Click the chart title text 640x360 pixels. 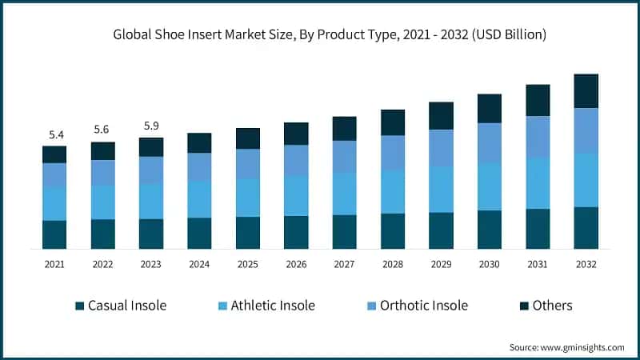click(330, 34)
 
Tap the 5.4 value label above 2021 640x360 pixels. click(54, 134)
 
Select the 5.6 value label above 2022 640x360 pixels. click(102, 130)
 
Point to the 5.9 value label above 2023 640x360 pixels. click(151, 126)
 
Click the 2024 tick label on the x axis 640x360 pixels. click(199, 264)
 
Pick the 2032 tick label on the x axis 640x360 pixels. click(586, 264)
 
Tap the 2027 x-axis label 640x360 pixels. click(344, 264)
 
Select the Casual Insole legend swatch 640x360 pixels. click(79, 306)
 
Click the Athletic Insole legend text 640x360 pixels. click(273, 306)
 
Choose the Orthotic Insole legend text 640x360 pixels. click(424, 306)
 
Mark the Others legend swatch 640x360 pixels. click(525, 306)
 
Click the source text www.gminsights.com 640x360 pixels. click(566, 347)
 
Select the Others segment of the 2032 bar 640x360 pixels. click(586, 91)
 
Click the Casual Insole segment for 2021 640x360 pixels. click(54, 234)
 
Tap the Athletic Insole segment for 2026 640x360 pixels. click(296, 195)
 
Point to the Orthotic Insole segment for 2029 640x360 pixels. click(441, 148)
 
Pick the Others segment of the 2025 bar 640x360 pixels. click(248, 138)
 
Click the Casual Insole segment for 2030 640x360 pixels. click(490, 230)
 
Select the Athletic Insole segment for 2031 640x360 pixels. click(538, 183)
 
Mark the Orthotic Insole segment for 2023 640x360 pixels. click(151, 170)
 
